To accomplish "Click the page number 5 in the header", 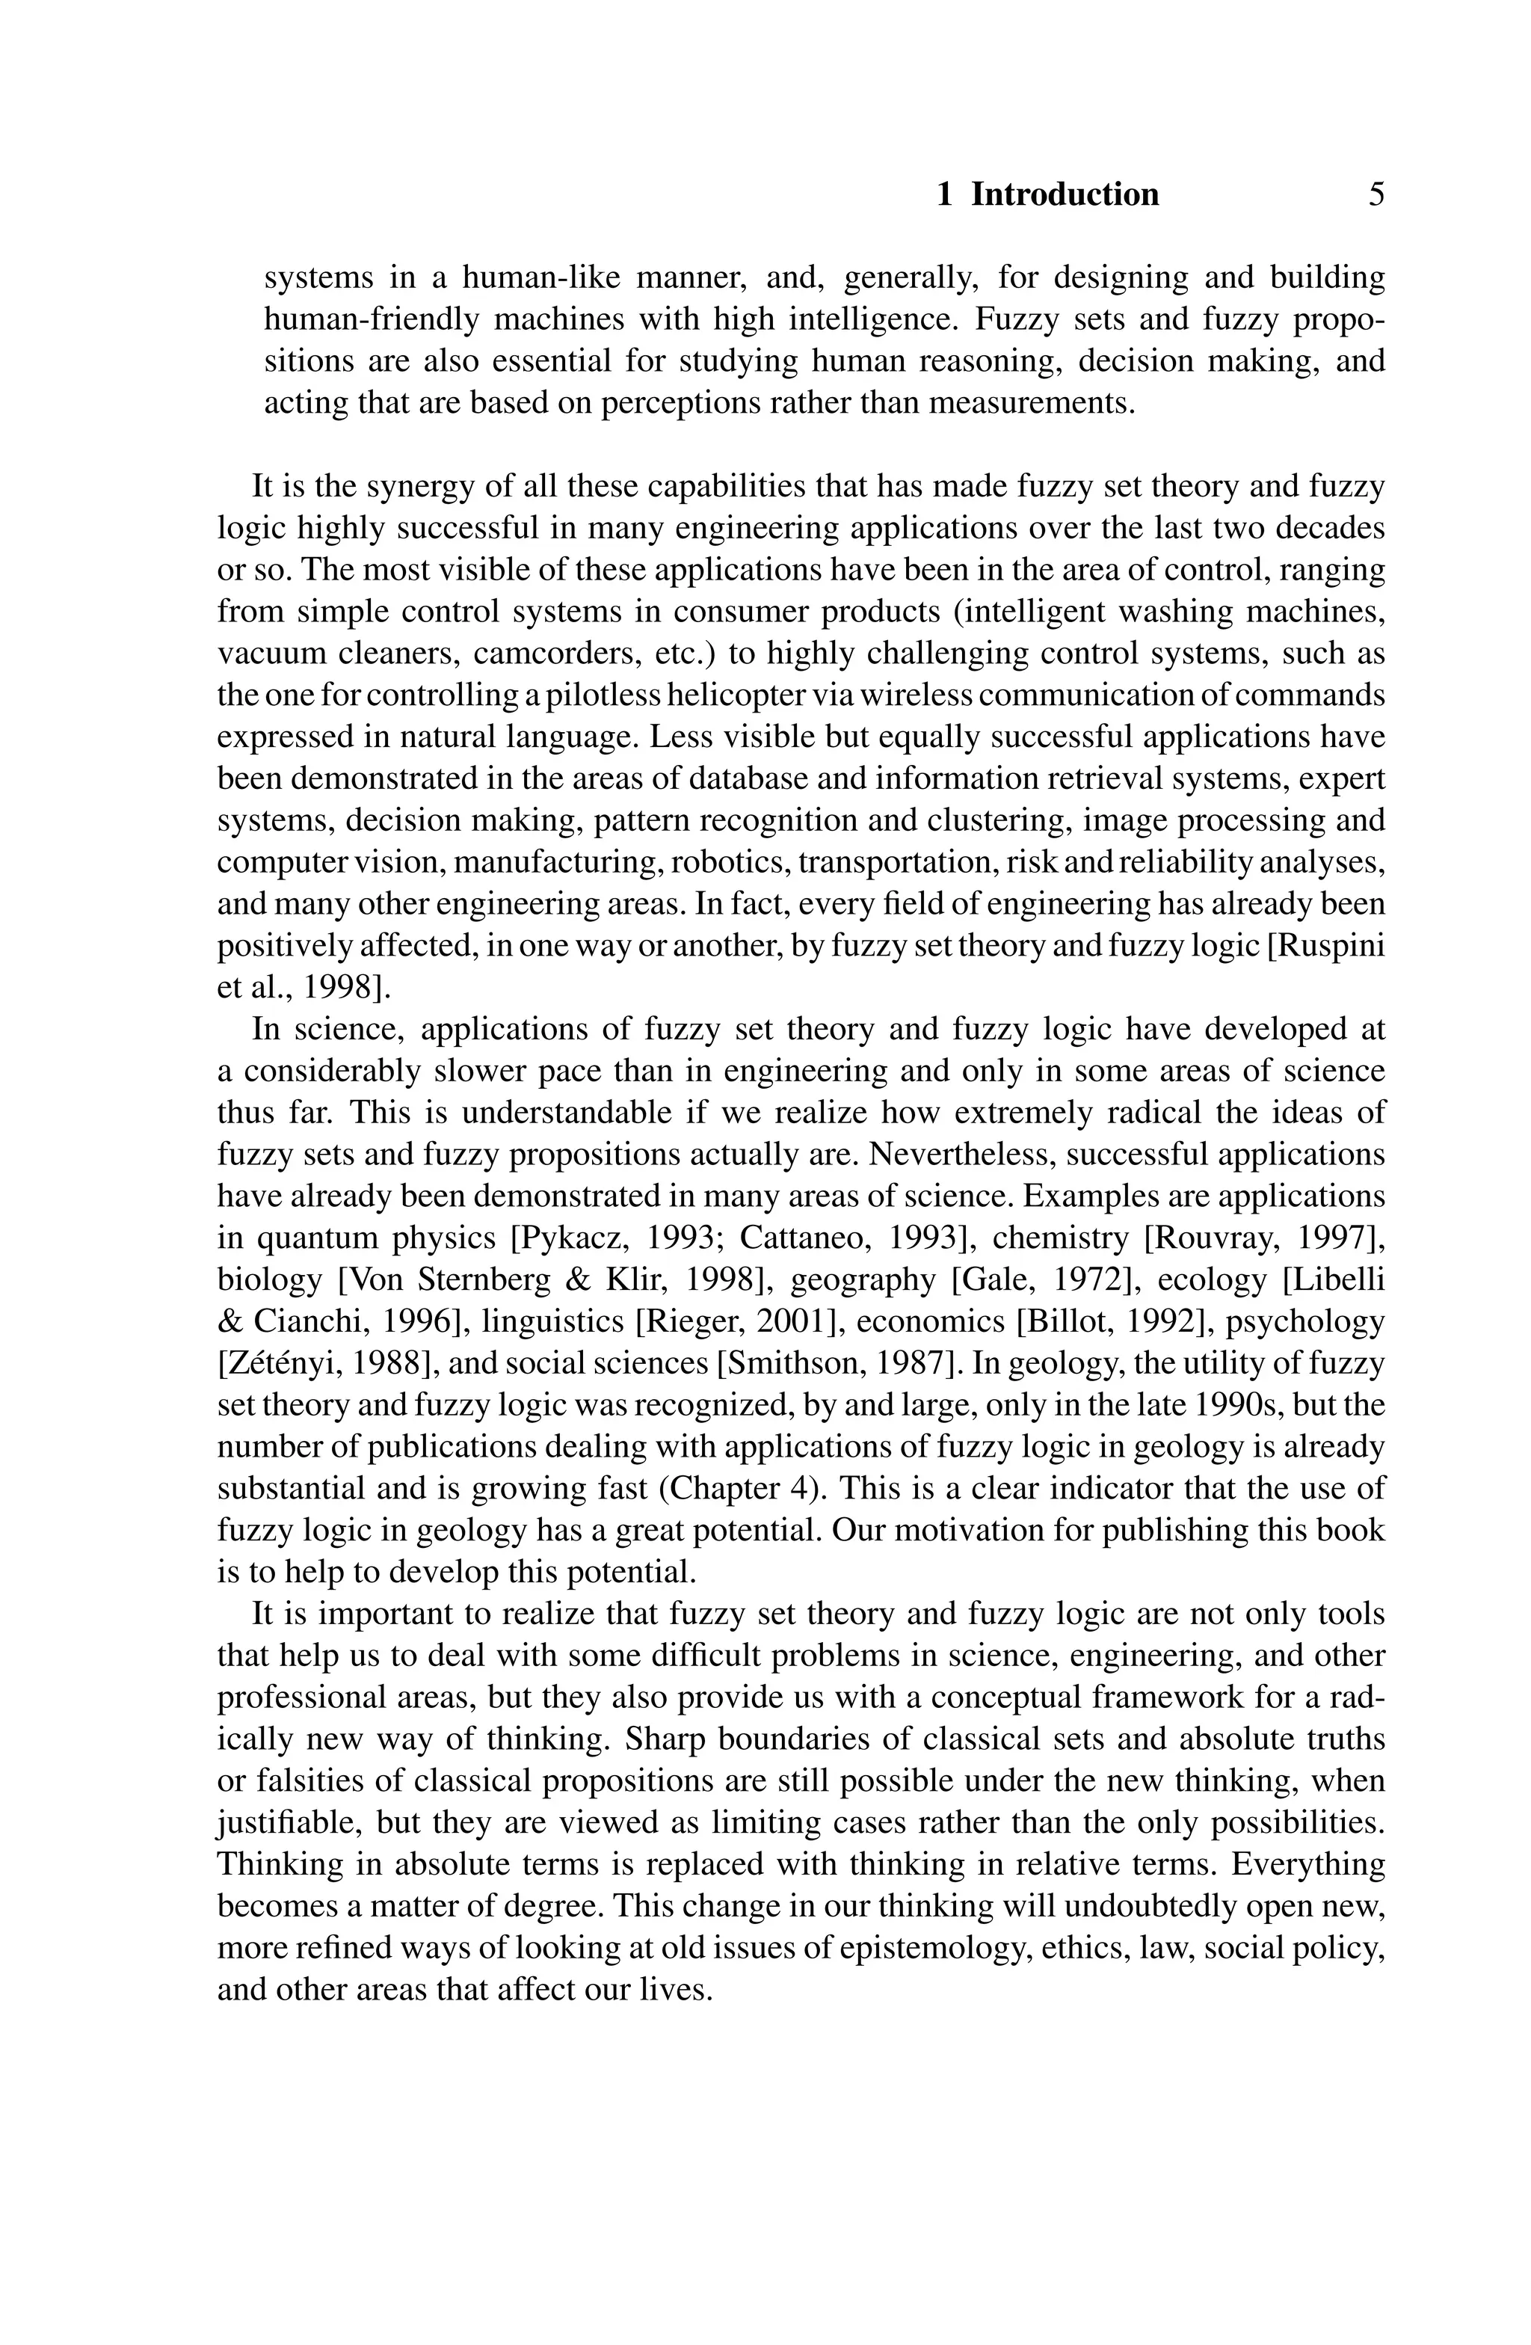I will tap(1376, 194).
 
